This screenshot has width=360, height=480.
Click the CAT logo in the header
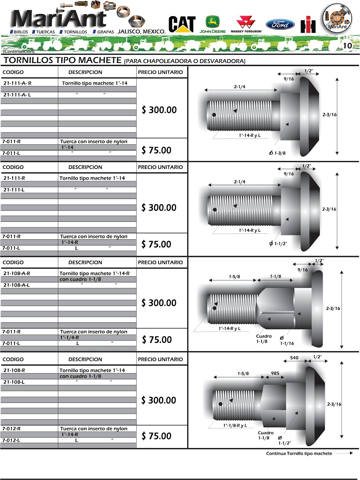click(x=182, y=24)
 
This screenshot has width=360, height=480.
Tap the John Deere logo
click(x=212, y=24)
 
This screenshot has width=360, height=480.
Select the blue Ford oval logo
click(x=280, y=24)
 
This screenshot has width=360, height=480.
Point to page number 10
click(x=347, y=46)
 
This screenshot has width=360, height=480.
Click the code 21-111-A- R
click(x=17, y=83)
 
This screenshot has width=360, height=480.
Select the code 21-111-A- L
click(x=17, y=95)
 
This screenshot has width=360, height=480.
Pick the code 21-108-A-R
click(x=17, y=273)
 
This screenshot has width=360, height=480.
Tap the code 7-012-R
click(x=11, y=428)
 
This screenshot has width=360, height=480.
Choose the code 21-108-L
click(x=14, y=382)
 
